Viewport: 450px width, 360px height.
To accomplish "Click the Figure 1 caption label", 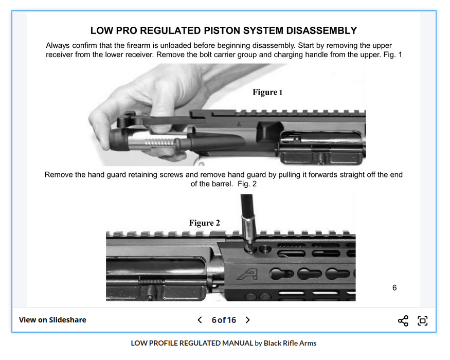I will point(267,92).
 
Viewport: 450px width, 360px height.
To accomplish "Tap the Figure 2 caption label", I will point(204,223).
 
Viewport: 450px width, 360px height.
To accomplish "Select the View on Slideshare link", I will point(52,320).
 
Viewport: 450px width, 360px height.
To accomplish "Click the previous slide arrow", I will point(200,320).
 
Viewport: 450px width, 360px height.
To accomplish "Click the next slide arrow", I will point(247,320).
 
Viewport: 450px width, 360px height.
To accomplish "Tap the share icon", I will point(403,321).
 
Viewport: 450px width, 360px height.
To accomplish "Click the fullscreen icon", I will point(423,321).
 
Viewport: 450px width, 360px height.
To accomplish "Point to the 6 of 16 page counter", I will point(224,320).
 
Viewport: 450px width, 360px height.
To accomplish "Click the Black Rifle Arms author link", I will point(290,343).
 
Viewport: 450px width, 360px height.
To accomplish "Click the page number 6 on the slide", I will point(394,287).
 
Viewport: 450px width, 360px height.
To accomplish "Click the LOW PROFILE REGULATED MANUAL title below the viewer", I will point(192,343).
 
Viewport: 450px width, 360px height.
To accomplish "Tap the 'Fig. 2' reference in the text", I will point(247,184).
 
